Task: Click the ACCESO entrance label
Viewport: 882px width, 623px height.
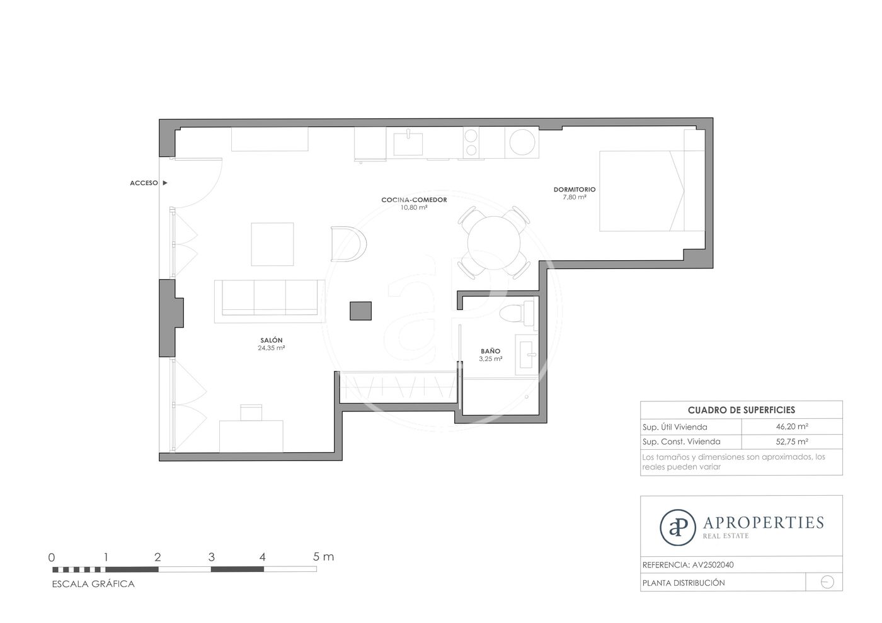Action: coord(144,183)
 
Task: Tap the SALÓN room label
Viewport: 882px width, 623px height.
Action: coord(272,340)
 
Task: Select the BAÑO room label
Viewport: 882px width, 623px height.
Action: coord(491,352)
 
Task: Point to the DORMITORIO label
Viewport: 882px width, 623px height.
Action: coord(575,190)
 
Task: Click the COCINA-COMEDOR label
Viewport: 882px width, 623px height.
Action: coord(415,200)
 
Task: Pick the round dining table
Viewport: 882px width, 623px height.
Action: coord(494,243)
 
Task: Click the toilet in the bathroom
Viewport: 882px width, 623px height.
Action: coord(517,314)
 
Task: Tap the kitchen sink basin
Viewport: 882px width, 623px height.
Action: coord(408,144)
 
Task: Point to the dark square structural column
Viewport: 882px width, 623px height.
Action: coord(360,311)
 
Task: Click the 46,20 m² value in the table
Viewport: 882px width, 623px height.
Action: coord(792,426)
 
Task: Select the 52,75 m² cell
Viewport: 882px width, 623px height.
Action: coord(792,442)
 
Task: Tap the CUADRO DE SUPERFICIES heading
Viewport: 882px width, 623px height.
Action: coord(742,410)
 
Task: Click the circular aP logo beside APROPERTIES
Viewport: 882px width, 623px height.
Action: coord(678,527)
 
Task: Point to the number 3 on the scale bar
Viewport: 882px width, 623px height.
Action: coord(212,557)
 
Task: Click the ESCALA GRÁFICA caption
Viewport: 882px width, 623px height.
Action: coord(93,584)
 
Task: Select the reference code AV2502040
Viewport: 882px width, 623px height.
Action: coord(713,565)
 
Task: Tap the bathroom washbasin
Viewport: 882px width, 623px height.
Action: coord(527,355)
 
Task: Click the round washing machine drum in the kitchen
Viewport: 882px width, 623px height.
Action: coord(522,142)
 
